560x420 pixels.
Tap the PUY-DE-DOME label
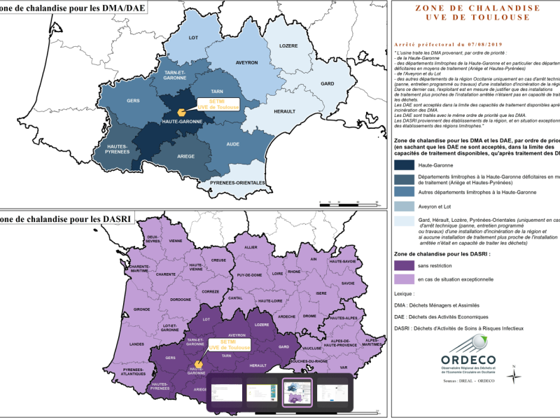[249, 275]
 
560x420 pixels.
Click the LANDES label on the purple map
[157, 344]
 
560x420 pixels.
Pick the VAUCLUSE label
[313, 347]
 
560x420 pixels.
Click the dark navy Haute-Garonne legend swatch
[403, 165]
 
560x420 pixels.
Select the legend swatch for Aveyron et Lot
[403, 206]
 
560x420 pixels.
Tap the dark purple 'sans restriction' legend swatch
[403, 265]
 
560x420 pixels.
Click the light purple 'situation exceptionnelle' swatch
[403, 279]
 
